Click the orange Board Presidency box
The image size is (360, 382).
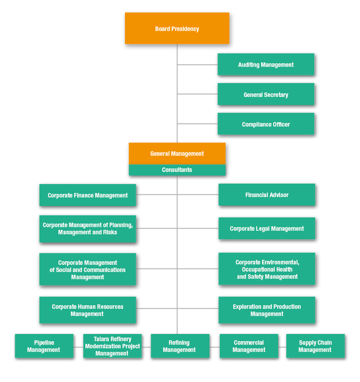tap(177, 28)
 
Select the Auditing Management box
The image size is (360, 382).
tap(266, 65)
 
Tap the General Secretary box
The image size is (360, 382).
tap(266, 94)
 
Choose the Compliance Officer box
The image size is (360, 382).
tap(266, 124)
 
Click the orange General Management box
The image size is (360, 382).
tap(177, 154)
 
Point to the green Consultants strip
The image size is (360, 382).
tap(177, 170)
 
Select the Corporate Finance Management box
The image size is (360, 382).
tap(88, 195)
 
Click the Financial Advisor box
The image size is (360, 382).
tap(267, 195)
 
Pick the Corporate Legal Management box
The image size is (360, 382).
tap(267, 228)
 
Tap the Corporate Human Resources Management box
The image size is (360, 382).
tap(88, 310)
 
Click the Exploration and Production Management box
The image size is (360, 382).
tap(267, 310)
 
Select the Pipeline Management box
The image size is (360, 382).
tap(44, 346)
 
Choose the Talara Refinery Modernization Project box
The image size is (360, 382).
tap(112, 346)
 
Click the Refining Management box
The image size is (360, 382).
tap(180, 346)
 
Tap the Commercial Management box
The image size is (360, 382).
tap(249, 346)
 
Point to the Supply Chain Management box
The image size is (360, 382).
tap(315, 346)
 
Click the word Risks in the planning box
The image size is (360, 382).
tap(110, 233)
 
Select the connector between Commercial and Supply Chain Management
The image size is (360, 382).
tap(282, 347)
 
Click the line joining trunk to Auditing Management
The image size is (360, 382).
tap(198, 65)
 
